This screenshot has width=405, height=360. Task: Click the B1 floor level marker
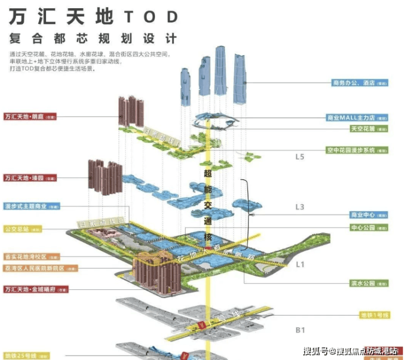pos(300,330)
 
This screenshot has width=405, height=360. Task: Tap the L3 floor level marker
pos(300,207)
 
